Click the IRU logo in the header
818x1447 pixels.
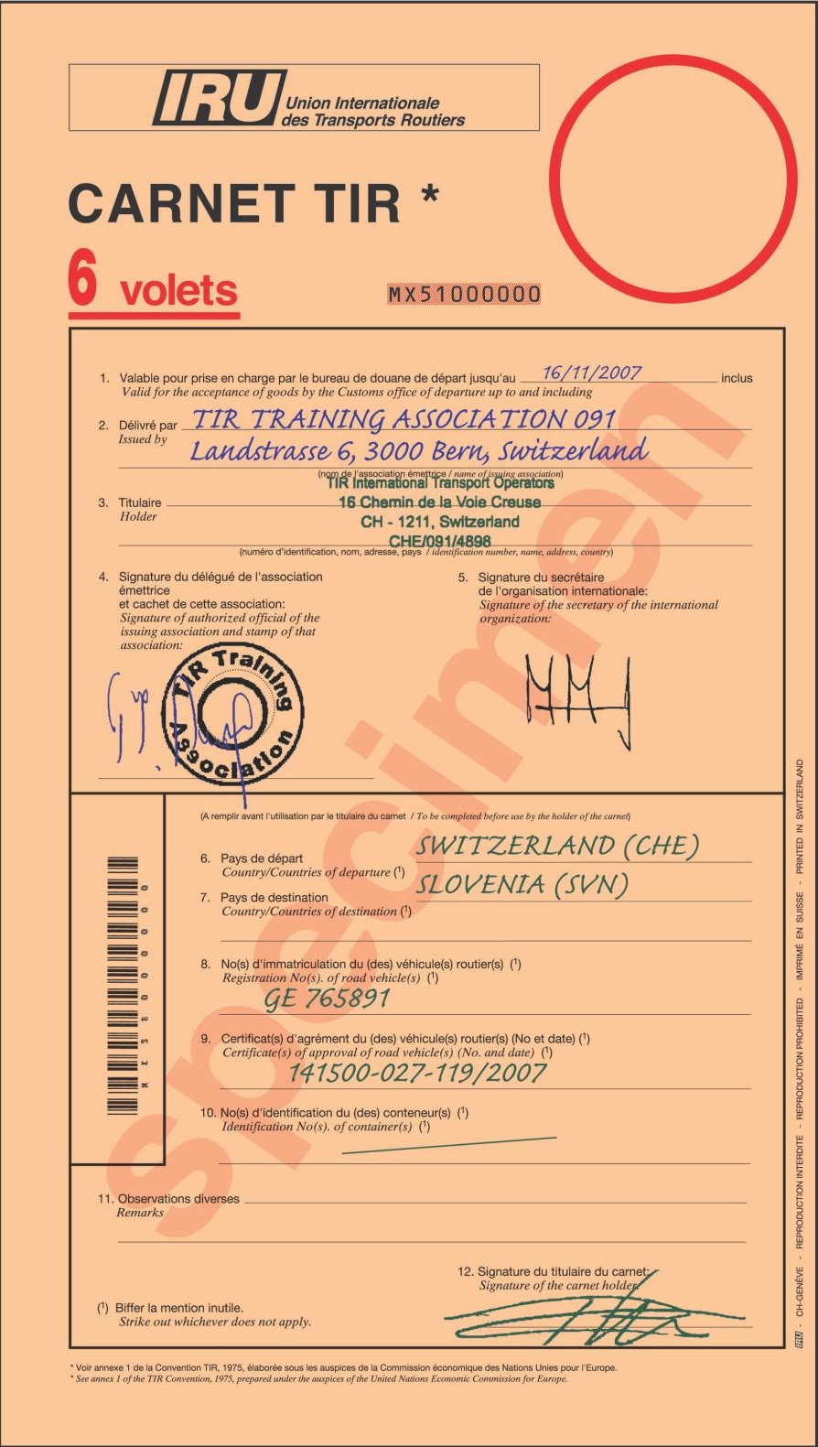click(217, 98)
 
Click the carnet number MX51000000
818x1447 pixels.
click(464, 294)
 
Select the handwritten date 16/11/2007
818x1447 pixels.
click(592, 373)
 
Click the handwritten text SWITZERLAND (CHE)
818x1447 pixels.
click(557, 846)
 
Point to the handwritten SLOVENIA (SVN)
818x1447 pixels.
click(522, 885)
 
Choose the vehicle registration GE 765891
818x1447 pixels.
click(327, 999)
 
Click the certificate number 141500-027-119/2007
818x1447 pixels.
click(417, 1073)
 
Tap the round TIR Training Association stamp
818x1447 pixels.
click(232, 715)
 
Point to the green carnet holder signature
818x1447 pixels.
click(595, 1318)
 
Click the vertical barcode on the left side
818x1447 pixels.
click(123, 985)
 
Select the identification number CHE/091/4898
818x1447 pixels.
click(439, 541)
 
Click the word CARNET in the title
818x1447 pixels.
click(181, 204)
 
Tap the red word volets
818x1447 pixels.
click(178, 291)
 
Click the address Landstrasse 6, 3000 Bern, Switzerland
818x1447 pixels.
click(418, 450)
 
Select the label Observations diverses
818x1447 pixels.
click(178, 1198)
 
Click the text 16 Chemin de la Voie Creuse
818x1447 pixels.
click(439, 502)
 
